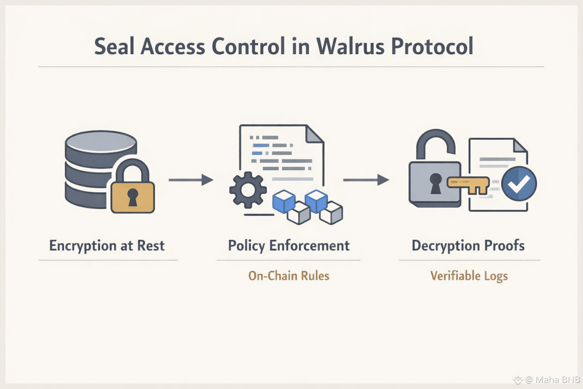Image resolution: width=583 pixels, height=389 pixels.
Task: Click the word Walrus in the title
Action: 350,47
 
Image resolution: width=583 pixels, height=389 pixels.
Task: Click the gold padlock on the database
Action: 132,196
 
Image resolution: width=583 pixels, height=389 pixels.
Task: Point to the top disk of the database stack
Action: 101,142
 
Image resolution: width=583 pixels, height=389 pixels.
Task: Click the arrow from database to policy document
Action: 191,180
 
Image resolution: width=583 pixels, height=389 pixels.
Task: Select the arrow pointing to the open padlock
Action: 366,180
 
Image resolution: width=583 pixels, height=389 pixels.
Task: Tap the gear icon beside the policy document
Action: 248,190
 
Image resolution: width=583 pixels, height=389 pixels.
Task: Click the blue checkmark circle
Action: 519,183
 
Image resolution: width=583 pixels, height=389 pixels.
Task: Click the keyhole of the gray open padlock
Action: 436,183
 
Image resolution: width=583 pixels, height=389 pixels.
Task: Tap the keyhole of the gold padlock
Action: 132,197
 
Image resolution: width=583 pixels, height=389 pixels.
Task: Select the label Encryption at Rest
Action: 107,246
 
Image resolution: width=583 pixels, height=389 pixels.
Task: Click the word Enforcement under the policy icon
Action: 309,246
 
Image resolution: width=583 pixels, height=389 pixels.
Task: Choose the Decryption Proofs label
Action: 468,246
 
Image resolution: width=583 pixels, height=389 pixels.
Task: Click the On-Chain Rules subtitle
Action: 288,276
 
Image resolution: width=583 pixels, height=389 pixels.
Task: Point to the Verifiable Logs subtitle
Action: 469,276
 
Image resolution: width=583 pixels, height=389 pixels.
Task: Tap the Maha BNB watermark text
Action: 557,379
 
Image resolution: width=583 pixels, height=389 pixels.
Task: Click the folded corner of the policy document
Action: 315,134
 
